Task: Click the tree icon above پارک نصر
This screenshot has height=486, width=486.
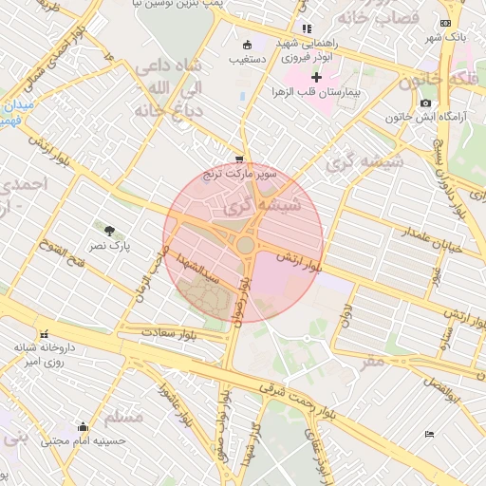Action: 110,230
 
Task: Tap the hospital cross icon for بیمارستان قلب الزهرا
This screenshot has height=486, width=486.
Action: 316,76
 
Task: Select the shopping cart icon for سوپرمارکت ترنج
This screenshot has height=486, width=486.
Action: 240,159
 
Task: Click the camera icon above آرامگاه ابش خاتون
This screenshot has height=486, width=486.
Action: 424,103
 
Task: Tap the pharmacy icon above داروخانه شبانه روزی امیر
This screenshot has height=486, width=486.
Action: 44,333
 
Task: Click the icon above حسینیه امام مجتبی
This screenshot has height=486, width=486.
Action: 84,426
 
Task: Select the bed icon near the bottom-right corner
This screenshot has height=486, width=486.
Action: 429,434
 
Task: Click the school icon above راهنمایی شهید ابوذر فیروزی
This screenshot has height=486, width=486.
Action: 306,29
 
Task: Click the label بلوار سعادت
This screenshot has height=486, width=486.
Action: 167,332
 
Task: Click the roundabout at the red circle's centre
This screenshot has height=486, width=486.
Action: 245,245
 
